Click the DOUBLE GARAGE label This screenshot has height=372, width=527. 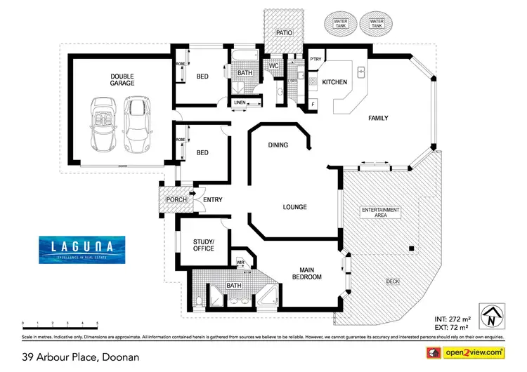click(122, 79)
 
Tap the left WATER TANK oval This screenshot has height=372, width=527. click(341, 24)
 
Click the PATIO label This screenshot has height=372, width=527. click(283, 32)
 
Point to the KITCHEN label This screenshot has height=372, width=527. click(334, 82)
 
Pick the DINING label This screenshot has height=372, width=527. click(279, 145)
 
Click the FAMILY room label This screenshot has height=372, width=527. click(379, 118)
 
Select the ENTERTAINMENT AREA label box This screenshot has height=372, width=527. click(380, 213)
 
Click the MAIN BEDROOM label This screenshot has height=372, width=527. click(306, 272)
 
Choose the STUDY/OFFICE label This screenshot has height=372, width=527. click(203, 245)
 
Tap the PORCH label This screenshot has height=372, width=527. click(175, 200)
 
